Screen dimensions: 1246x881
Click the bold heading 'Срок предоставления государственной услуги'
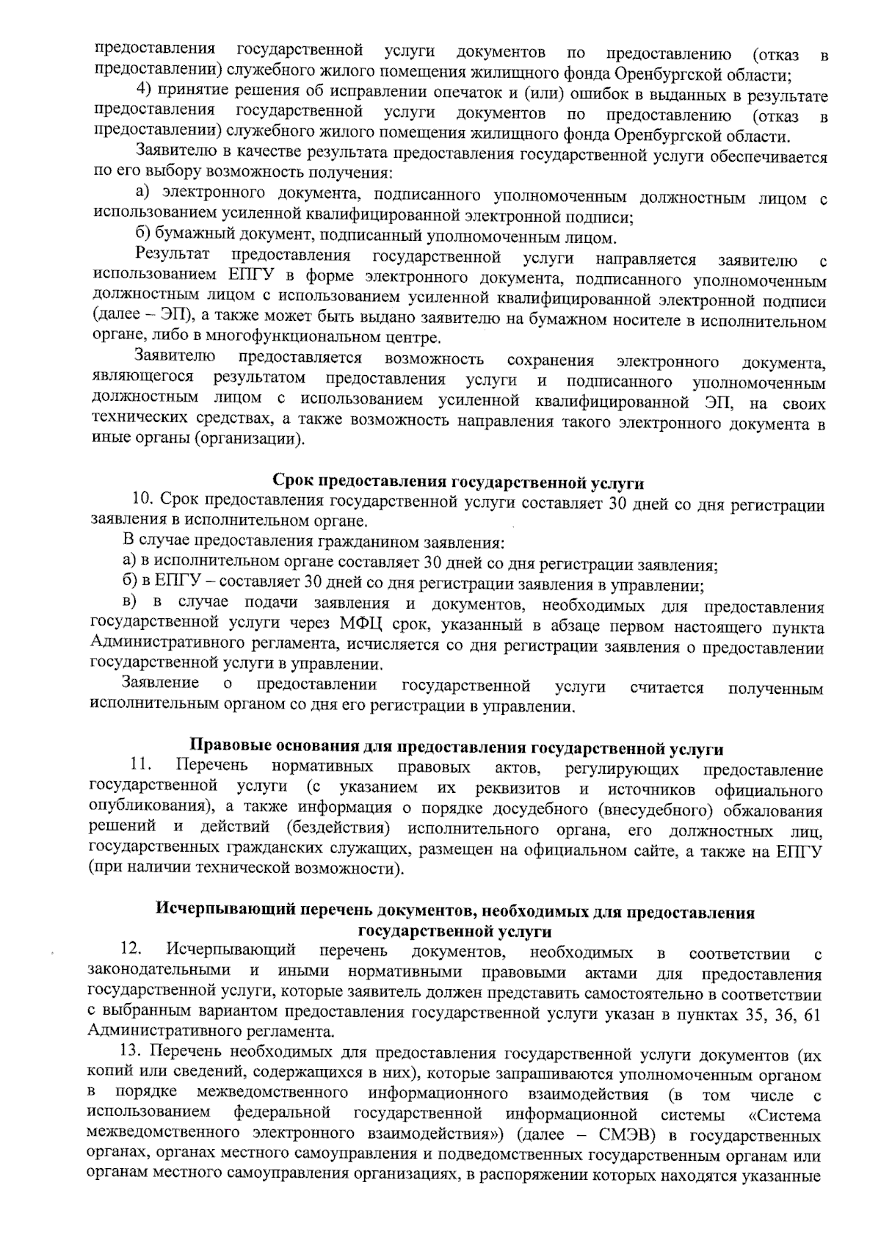click(458, 482)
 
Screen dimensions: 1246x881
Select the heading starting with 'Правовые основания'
click(456, 748)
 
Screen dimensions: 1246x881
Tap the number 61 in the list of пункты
click(812, 1014)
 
